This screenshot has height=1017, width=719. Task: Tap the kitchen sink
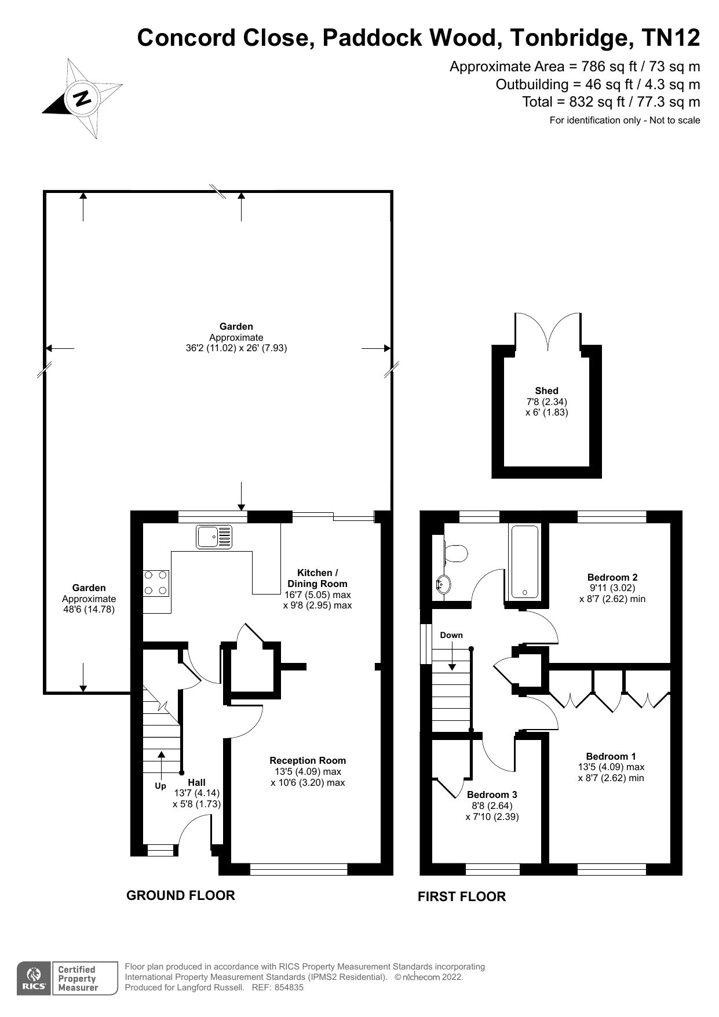click(x=214, y=537)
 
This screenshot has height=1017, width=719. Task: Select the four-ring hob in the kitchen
click(x=156, y=583)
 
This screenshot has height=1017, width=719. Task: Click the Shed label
click(x=546, y=391)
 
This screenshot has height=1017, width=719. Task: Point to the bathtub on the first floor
click(x=524, y=561)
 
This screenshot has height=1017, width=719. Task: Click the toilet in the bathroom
click(x=455, y=553)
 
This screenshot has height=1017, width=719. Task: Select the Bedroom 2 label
click(x=612, y=577)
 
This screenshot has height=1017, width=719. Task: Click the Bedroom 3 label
click(x=492, y=794)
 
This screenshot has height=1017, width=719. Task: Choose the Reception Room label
click(x=308, y=760)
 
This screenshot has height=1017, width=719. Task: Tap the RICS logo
click(x=34, y=979)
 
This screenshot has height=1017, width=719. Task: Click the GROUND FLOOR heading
click(x=180, y=895)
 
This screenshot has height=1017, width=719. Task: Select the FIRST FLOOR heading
click(x=462, y=896)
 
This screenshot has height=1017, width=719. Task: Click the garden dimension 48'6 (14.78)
click(x=89, y=610)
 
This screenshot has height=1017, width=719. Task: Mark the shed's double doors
click(x=548, y=331)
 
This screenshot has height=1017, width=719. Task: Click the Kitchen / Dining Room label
click(x=317, y=578)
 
